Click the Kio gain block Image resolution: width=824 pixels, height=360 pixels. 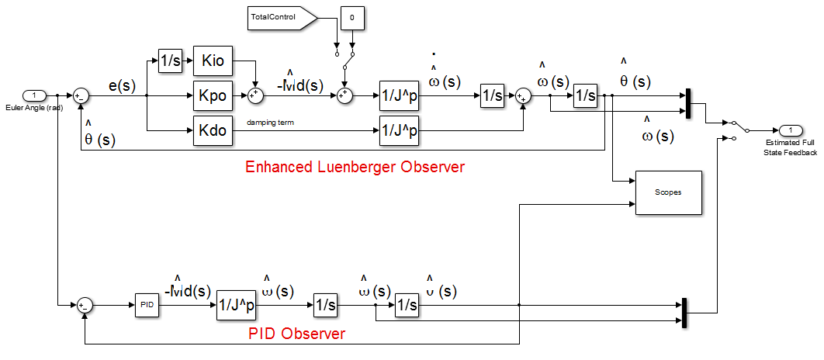(213, 61)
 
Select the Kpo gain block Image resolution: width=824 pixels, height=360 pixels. (213, 96)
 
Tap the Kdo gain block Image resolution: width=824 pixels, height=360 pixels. (213, 131)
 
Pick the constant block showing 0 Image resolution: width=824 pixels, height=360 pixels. (353, 16)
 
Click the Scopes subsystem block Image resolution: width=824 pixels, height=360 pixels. (668, 192)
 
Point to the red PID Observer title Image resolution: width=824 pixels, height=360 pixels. (296, 334)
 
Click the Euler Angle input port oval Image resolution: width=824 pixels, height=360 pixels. (34, 95)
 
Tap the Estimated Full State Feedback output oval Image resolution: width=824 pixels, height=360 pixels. (791, 130)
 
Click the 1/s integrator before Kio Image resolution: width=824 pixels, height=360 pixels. (169, 61)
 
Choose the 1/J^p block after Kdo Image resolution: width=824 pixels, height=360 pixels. (399, 131)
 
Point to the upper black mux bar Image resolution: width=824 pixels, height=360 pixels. (688, 104)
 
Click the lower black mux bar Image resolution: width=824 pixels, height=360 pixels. (684, 313)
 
